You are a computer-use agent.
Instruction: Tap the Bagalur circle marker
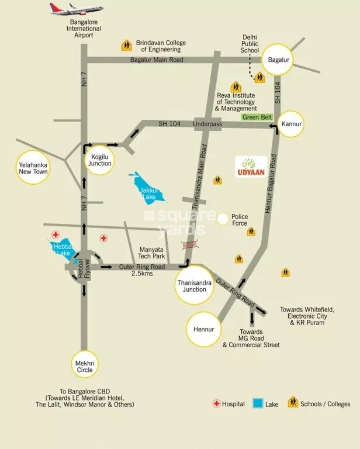(278, 60)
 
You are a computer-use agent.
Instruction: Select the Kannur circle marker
(290, 125)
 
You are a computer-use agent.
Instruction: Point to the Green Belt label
(257, 118)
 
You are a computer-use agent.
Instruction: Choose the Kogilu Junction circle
(100, 160)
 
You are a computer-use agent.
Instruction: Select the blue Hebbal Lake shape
(62, 247)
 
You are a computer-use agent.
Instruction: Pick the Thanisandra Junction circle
(192, 285)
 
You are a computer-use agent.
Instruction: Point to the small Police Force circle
(222, 219)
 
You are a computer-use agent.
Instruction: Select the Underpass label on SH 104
(207, 124)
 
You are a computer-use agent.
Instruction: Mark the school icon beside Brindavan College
(126, 45)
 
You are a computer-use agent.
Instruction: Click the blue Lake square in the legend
(257, 403)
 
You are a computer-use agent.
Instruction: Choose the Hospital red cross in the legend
(216, 403)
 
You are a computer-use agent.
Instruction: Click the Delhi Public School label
(250, 44)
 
